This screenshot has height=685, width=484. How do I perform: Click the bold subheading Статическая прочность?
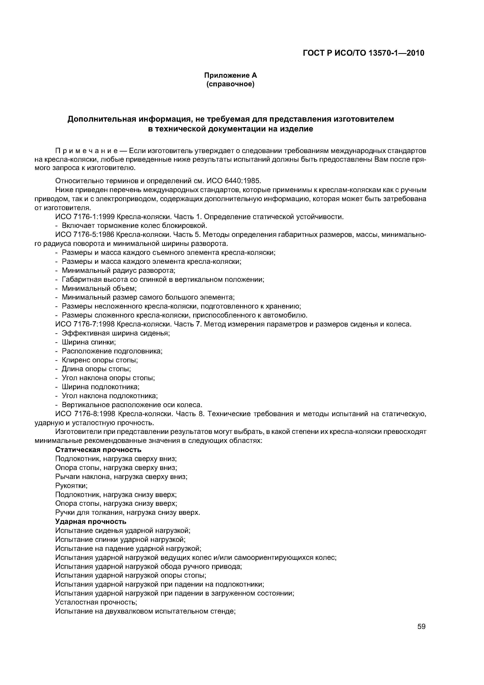click(98, 450)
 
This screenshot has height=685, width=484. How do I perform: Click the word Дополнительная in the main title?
click(100, 119)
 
